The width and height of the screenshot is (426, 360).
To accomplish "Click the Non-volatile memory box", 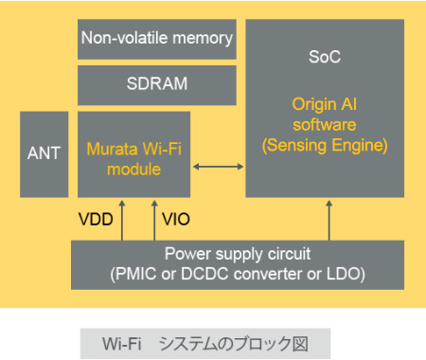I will [156, 39].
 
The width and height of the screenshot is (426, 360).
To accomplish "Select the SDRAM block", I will [156, 83].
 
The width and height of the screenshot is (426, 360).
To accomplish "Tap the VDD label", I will [95, 220].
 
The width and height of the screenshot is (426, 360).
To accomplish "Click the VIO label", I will [176, 220].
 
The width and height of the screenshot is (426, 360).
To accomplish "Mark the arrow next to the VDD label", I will [121, 218].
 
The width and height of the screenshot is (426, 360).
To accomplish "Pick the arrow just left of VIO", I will [154, 218].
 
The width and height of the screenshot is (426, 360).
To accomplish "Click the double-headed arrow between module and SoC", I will [218, 168].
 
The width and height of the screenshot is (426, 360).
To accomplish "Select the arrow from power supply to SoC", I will [329, 219].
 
